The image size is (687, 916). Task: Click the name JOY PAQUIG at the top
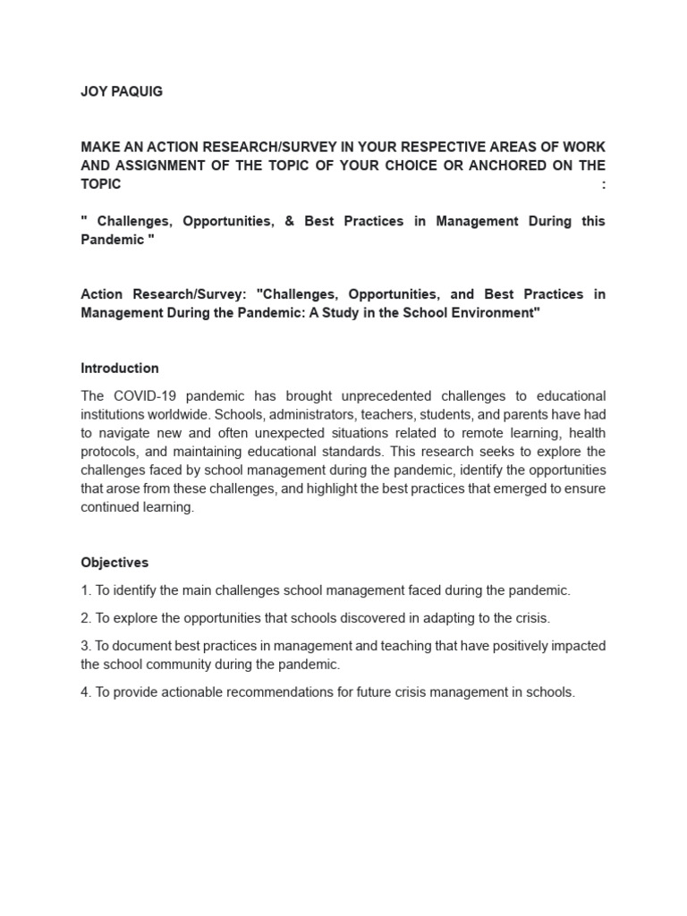pos(122,91)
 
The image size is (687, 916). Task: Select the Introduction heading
pos(120,368)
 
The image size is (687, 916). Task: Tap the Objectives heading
pos(114,563)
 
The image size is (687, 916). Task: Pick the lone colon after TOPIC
pos(603,184)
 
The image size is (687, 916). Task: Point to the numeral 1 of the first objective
pos(84,590)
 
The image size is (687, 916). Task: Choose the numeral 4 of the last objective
pos(84,692)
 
